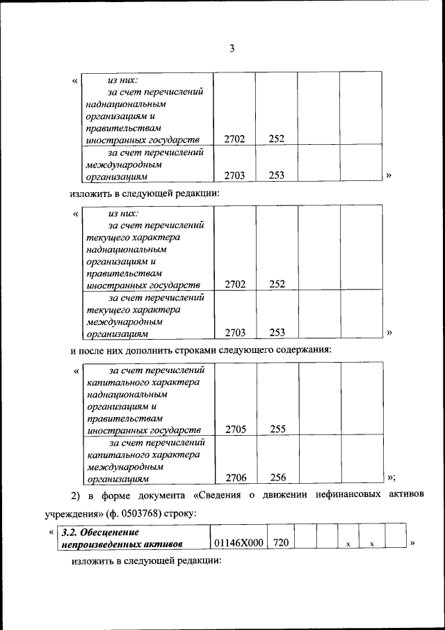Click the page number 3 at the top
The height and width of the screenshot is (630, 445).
(232, 48)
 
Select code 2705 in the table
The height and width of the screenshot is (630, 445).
(235, 430)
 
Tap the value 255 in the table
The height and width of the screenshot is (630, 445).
(277, 430)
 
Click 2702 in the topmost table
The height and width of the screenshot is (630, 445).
(235, 139)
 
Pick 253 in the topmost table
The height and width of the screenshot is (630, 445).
(277, 176)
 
